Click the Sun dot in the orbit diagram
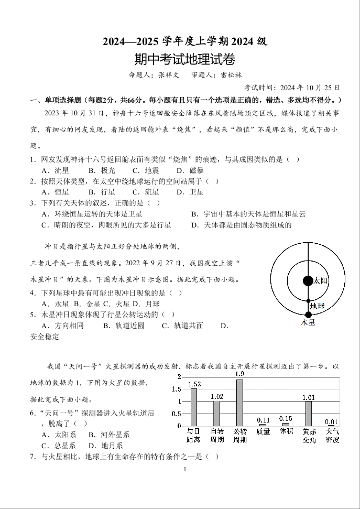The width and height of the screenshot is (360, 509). [308, 280]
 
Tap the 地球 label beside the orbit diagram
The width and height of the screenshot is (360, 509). [317, 306]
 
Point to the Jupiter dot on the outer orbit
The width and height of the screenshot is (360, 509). [308, 315]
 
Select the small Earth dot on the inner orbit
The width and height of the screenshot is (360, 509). [308, 301]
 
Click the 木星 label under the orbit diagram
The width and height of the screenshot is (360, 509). [308, 323]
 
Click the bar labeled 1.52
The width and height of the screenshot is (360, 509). [194, 407]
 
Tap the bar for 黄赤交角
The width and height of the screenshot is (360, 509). [309, 413]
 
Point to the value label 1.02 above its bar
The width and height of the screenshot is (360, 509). [217, 397]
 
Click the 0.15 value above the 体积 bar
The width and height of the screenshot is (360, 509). [286, 418]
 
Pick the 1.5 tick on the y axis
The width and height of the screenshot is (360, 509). [177, 389]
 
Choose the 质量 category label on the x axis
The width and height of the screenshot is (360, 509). [263, 431]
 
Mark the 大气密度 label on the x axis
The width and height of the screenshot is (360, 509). [332, 435]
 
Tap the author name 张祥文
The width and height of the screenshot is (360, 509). [168, 75]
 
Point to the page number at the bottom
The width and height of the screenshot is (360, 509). [185, 469]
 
